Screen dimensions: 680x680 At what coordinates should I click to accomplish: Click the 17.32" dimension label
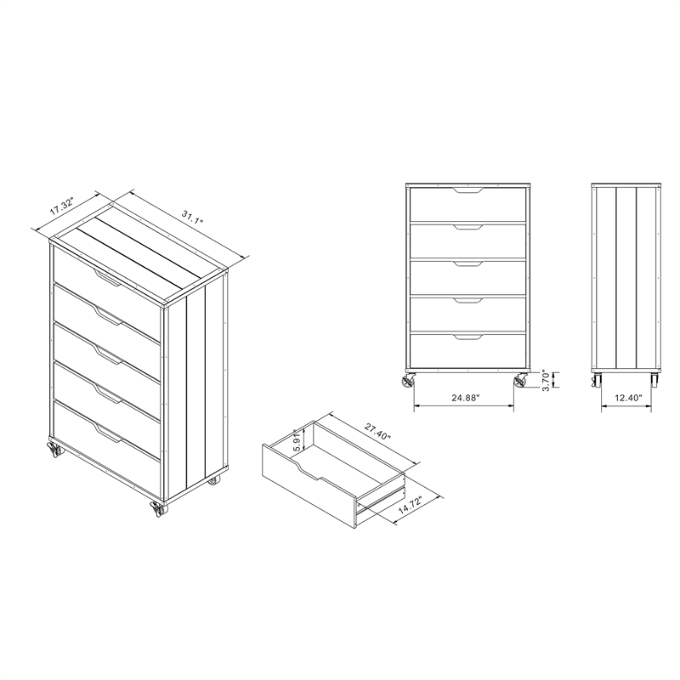click(x=63, y=207)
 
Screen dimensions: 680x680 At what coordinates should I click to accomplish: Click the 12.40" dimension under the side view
click(x=626, y=397)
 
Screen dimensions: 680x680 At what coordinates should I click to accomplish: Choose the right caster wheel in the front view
click(x=519, y=380)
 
